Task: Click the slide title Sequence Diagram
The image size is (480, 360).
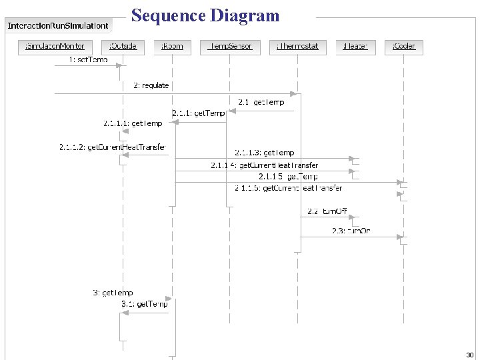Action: click(205, 15)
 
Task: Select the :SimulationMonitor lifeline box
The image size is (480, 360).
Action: click(55, 47)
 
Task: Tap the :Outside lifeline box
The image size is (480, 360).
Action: click(122, 47)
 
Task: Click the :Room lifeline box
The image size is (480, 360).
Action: click(172, 47)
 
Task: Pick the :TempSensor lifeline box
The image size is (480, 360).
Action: click(229, 47)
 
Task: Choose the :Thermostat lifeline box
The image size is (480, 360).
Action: click(298, 47)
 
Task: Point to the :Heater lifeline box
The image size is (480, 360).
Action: click(355, 47)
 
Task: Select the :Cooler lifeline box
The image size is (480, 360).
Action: click(403, 47)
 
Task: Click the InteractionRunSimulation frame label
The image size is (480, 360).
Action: click(58, 26)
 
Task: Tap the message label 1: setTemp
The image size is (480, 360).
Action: click(88, 60)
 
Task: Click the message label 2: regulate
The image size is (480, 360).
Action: click(151, 85)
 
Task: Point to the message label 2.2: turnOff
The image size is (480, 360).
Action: click(327, 211)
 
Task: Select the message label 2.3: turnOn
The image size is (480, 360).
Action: click(351, 231)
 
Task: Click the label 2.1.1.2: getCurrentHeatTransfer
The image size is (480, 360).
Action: click(112, 147)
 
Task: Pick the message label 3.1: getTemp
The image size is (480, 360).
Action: click(145, 304)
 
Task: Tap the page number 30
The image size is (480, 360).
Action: click(469, 355)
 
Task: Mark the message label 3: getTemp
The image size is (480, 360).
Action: click(113, 293)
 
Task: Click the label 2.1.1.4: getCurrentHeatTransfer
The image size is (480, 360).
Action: click(265, 165)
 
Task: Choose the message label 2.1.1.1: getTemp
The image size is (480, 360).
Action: click(133, 123)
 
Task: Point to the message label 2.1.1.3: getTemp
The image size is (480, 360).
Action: click(265, 153)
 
